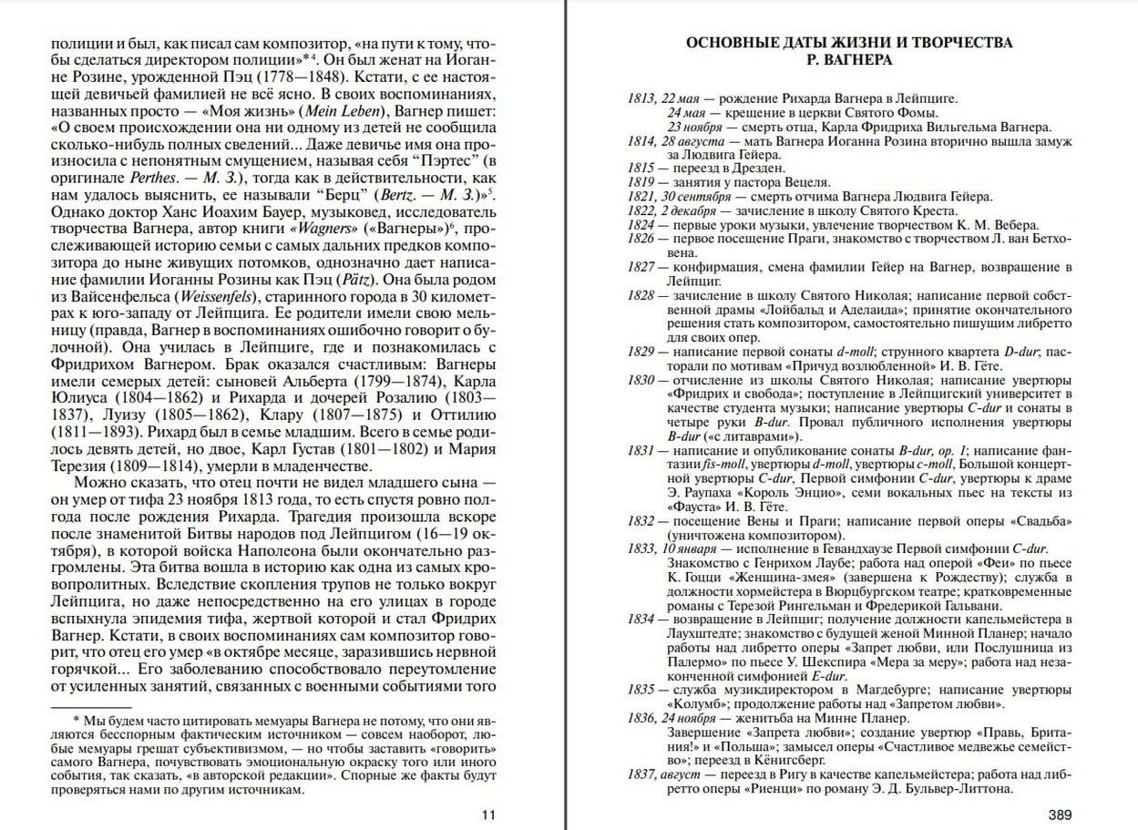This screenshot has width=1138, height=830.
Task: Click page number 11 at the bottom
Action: [x=489, y=815]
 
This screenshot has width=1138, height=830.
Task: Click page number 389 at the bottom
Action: [x=1060, y=815]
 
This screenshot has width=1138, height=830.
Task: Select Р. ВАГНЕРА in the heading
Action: [x=848, y=60]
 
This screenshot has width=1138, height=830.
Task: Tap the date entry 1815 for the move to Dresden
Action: [x=641, y=169]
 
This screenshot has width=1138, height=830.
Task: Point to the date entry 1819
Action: [x=641, y=182]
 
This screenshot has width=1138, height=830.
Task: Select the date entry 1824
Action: [x=641, y=225]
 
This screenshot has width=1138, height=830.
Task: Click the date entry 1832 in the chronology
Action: [x=641, y=521]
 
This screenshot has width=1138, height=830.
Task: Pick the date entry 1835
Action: [x=641, y=691]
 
